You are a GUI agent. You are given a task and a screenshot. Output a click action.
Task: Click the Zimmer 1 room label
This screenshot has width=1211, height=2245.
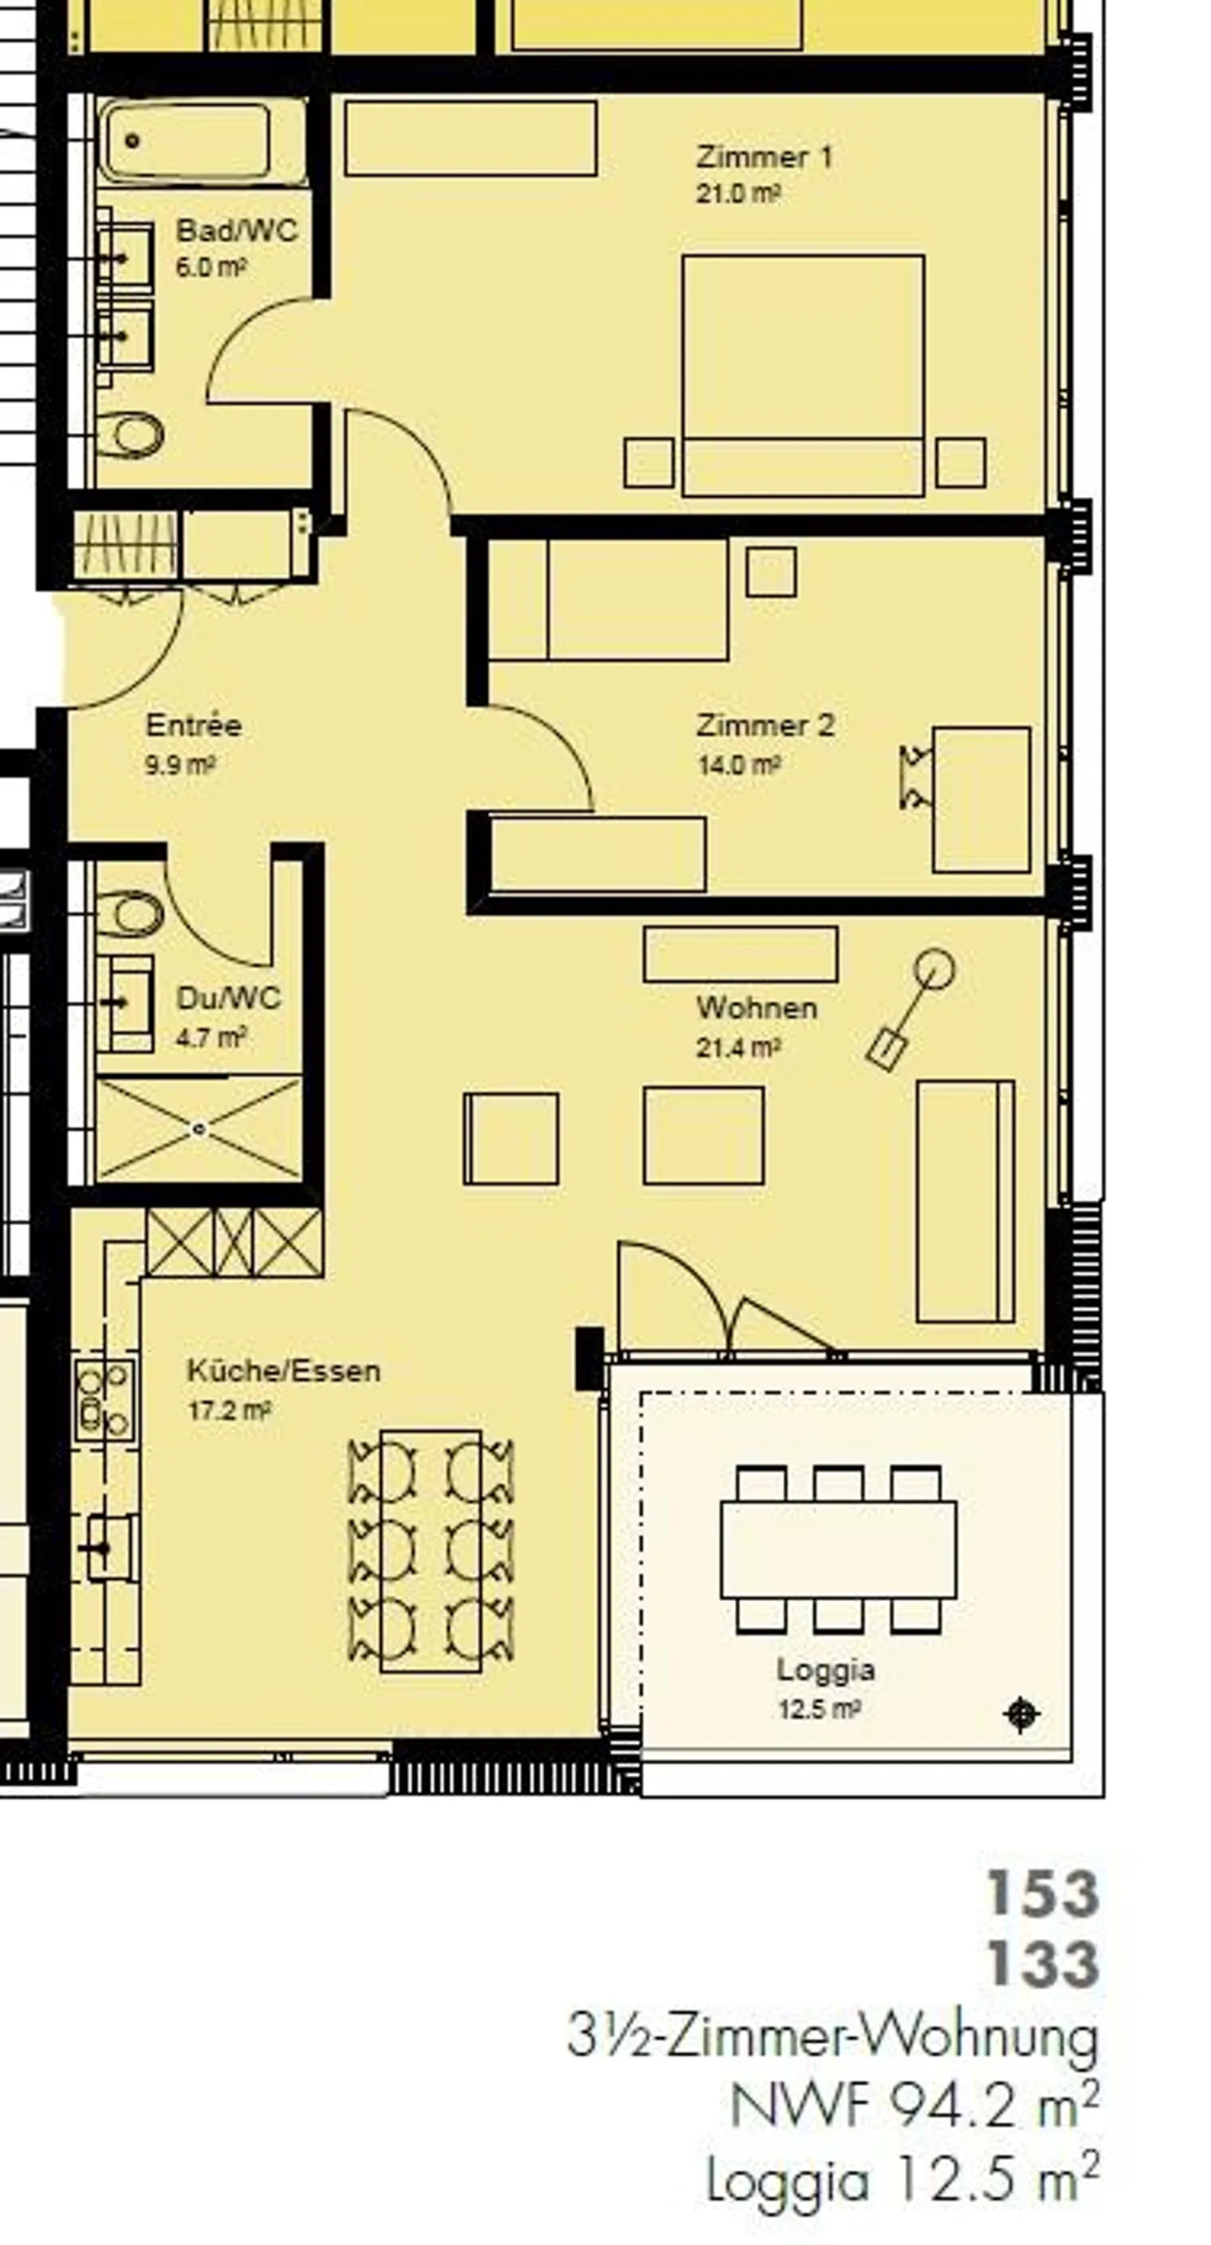coord(764,157)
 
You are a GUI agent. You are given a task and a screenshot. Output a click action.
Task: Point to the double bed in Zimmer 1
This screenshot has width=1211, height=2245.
coord(803,376)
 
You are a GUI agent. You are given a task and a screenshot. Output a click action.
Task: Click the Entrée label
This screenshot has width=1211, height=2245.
coord(193,725)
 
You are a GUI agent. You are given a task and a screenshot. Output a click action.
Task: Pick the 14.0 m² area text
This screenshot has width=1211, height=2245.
coord(738,765)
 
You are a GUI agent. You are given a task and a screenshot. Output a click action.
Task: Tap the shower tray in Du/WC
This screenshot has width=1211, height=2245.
coord(198,1128)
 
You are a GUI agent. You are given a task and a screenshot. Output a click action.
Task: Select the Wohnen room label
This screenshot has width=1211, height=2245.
coord(757,1007)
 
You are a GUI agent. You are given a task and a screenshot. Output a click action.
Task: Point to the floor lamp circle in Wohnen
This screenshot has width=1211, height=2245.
coord(934,969)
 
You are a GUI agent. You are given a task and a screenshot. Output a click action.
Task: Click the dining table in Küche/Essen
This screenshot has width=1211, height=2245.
coord(431,1551)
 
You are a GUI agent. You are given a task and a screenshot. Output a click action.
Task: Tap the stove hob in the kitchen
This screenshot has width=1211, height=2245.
coord(104,1399)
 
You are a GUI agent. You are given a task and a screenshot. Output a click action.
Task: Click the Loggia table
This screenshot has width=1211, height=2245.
coord(838,1549)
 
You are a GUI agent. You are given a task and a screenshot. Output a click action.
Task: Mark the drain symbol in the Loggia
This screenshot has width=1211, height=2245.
coord(1022,1714)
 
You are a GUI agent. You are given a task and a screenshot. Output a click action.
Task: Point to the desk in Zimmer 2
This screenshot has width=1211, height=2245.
coord(981,799)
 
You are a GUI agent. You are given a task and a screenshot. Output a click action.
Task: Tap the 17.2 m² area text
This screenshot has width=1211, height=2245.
coord(229,1409)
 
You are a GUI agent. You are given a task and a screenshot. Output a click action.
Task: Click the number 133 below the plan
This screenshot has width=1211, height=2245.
coord(1042,1964)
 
